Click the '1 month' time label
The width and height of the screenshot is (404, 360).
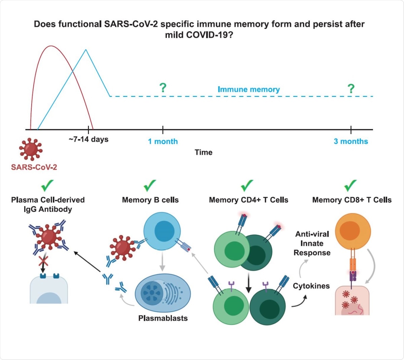[x=163, y=141]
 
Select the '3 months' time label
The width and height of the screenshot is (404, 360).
[x=351, y=141]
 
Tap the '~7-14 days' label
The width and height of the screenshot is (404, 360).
[x=89, y=139]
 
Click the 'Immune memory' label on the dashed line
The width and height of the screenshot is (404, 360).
[x=248, y=89]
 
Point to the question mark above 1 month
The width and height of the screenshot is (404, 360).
[x=163, y=88]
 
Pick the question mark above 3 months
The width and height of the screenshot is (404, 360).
[x=351, y=89]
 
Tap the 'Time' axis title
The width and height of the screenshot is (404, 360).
[x=203, y=152]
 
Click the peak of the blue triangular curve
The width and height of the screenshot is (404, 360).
[x=86, y=50]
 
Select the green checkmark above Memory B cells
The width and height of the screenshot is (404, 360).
[x=149, y=185]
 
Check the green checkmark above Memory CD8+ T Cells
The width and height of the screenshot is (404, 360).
[x=350, y=185]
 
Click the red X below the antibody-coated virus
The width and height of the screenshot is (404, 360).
[x=42, y=260]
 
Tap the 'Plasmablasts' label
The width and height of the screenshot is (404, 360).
[x=163, y=318]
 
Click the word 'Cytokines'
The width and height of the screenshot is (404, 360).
[x=311, y=286]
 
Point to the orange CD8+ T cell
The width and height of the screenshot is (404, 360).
[x=352, y=231]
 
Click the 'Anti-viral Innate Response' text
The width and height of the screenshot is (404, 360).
[x=312, y=243]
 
